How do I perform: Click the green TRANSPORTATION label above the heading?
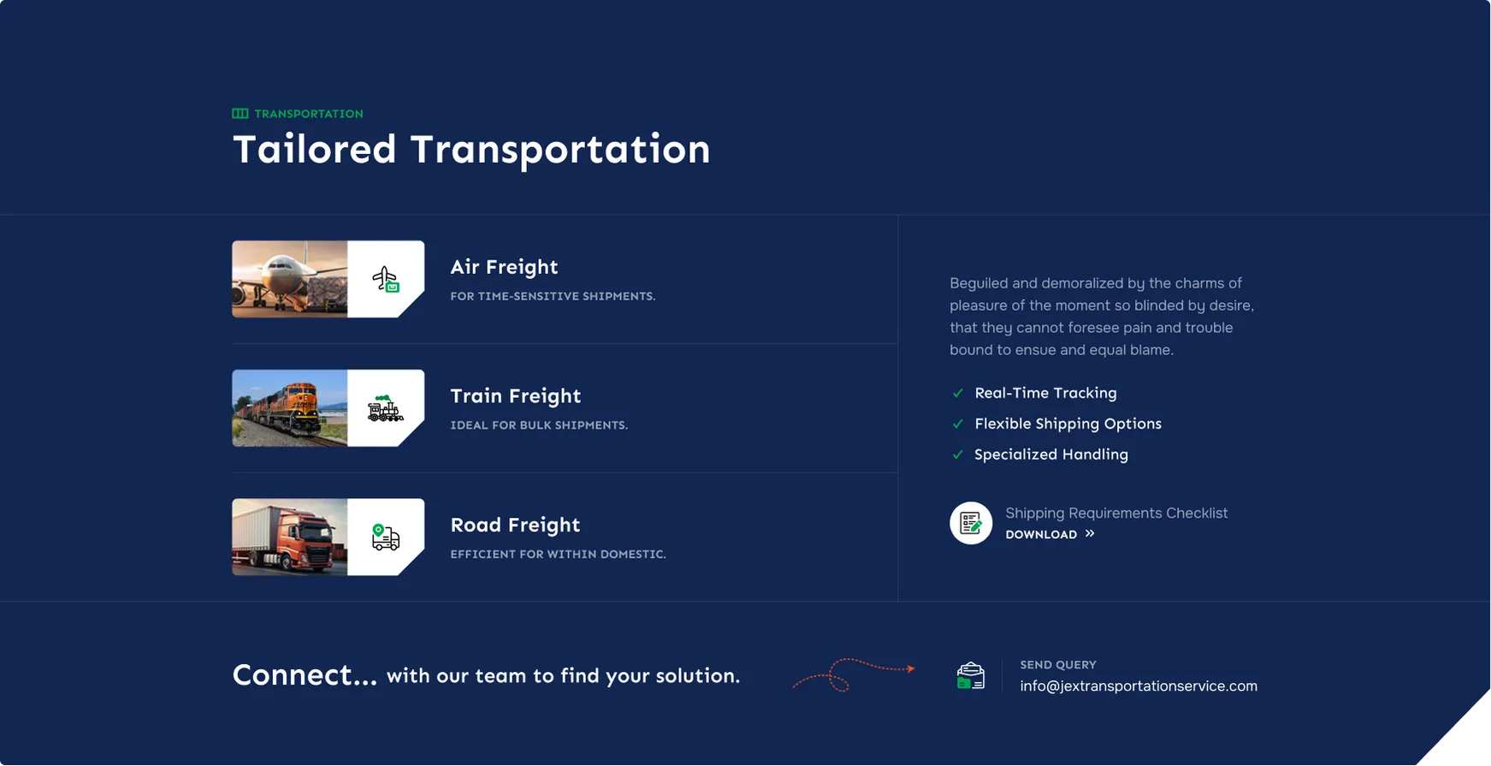point(309,114)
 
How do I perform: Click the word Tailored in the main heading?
point(315,150)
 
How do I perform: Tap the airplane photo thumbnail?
point(290,279)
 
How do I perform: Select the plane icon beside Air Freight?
point(386,279)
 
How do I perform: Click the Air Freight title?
point(504,268)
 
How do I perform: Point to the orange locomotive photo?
point(290,408)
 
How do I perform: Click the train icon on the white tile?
point(386,409)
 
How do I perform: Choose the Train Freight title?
point(516,397)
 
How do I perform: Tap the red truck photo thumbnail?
point(290,537)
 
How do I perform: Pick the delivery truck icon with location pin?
point(386,537)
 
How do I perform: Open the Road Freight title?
point(515,526)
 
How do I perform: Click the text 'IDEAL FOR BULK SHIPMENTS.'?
point(539,425)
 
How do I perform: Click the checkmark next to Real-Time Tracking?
point(958,394)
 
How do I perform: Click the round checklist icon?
point(971,523)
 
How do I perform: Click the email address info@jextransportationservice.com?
point(1139,686)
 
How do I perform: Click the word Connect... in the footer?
point(305,675)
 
